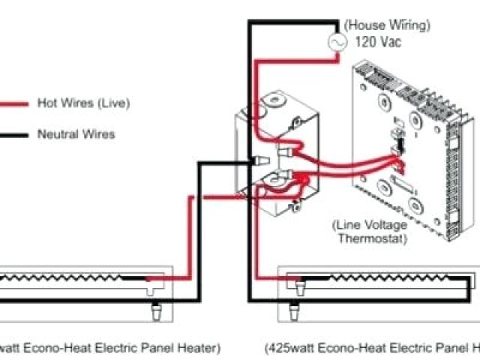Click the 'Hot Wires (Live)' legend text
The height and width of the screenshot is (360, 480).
tap(83, 103)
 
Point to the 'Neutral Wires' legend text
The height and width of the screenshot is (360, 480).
tap(76, 135)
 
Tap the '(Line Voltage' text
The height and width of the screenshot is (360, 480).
tap(370, 225)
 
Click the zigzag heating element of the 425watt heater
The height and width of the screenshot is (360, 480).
tap(382, 280)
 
